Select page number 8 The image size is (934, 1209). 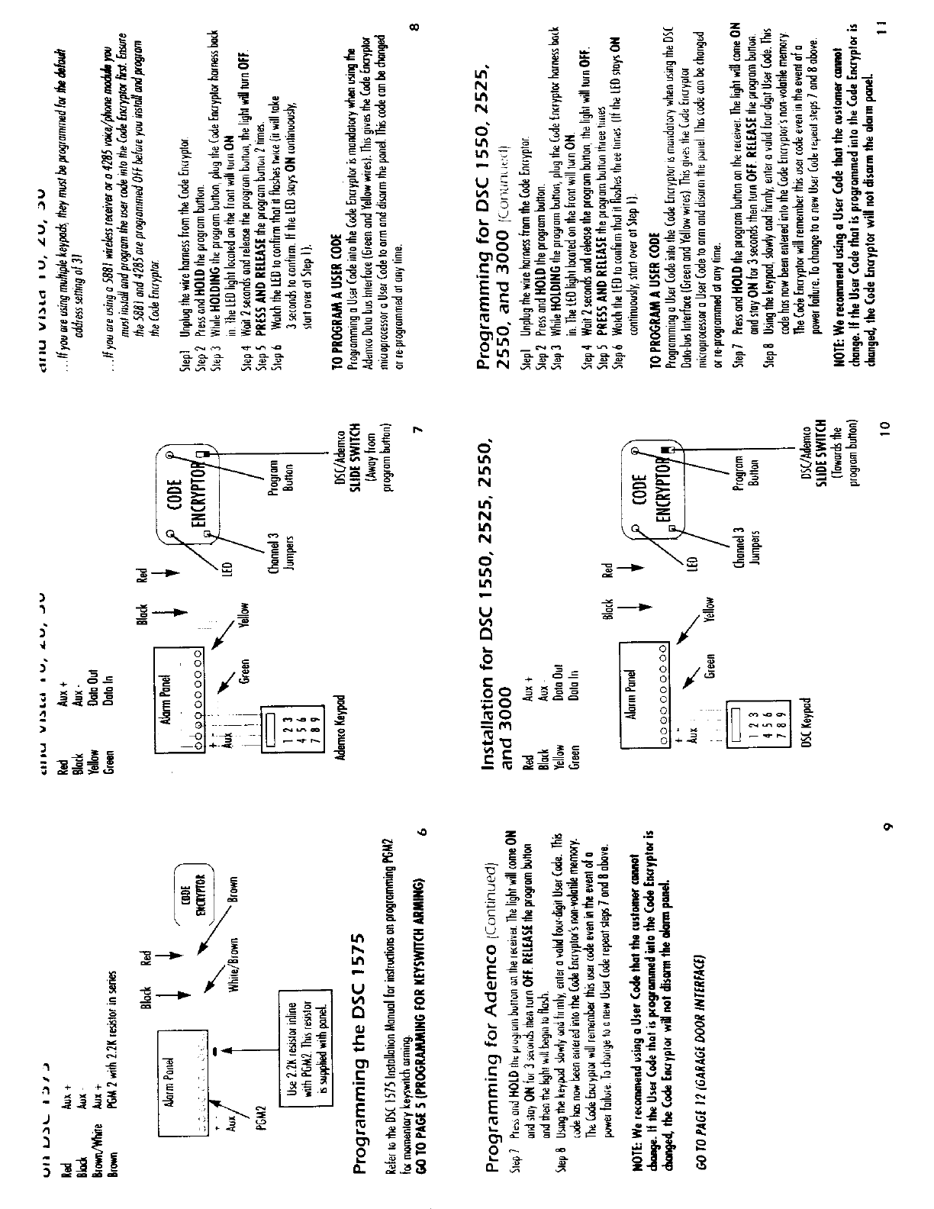pos(414,27)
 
